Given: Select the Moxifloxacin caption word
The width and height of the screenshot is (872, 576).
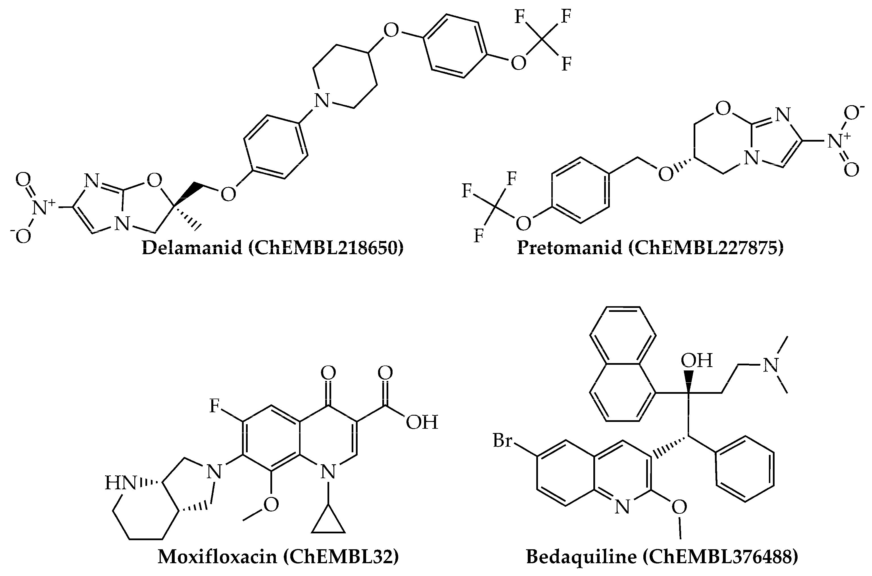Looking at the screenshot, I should coord(217,557).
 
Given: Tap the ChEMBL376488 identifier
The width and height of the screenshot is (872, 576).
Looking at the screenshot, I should coord(720,557).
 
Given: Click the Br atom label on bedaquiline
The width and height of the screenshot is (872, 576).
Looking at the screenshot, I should coord(502,440).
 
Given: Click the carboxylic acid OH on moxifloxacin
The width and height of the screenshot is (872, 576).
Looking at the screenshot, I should coord(422,422).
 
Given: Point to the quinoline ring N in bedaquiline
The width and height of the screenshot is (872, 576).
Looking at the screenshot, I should coord(622,507).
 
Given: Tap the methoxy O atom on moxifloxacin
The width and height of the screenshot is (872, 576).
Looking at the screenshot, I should coord(271,505).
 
